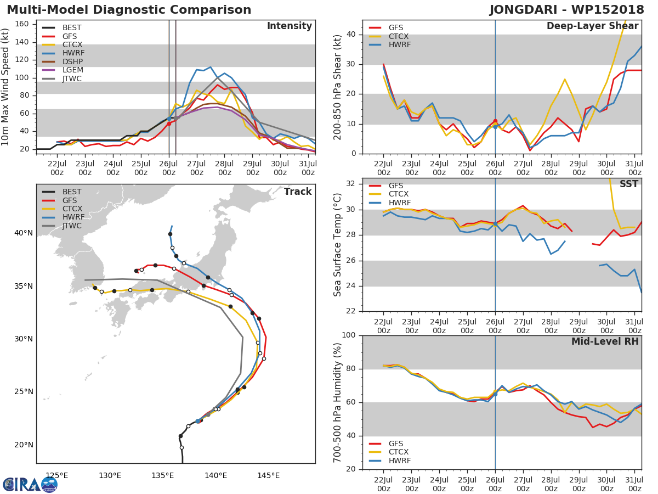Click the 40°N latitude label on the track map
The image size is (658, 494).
tap(24, 233)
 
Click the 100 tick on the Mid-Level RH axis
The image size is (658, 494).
tap(347, 335)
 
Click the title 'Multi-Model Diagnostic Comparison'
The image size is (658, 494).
tap(129, 10)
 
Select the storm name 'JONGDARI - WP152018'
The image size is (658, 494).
tap(567, 10)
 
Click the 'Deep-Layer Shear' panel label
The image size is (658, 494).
tap(592, 26)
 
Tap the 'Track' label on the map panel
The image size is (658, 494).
tap(298, 192)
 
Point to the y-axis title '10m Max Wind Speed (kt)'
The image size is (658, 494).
tap(6, 88)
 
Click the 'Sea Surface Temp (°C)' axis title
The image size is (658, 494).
tap(337, 244)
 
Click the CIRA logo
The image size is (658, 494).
tap(30, 484)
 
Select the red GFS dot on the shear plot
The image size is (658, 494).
tap(495, 121)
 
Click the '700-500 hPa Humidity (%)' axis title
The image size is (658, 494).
tap(337, 402)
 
